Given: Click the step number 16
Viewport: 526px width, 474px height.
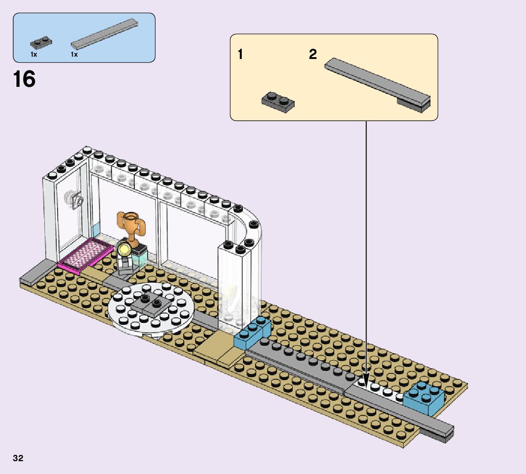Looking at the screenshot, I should pyautogui.click(x=24, y=79).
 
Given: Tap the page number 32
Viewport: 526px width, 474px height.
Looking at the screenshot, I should pyautogui.click(x=18, y=458).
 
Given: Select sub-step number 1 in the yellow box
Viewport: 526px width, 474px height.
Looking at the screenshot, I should pyautogui.click(x=240, y=55).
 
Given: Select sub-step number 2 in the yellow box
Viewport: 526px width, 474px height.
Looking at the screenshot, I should pyautogui.click(x=313, y=54).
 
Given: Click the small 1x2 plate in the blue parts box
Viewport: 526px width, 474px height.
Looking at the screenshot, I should pyautogui.click(x=41, y=43).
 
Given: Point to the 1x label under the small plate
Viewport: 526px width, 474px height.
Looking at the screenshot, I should pyautogui.click(x=34, y=54).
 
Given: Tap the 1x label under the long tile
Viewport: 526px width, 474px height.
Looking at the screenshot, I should pyautogui.click(x=74, y=54).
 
